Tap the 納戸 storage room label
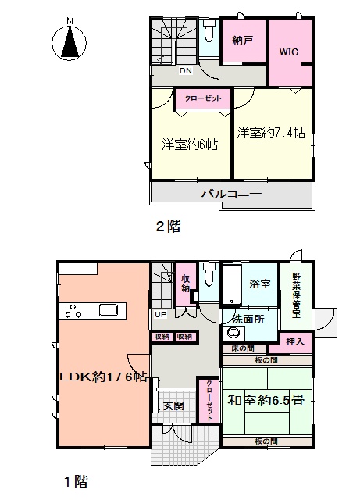(243, 40)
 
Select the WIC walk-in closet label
(289, 52)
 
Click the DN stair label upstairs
(186, 70)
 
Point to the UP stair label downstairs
(160, 314)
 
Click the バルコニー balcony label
(231, 194)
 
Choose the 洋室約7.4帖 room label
(271, 132)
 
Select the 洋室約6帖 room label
(190, 145)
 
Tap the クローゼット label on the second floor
(203, 98)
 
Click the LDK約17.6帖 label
(104, 377)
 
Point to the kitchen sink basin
(109, 311)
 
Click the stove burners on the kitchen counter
(73, 311)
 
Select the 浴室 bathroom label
(260, 284)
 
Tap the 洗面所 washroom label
(248, 319)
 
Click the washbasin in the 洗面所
(236, 332)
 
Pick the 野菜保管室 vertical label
(296, 295)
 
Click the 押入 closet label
(295, 341)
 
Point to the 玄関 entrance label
(173, 406)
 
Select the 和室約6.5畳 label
(266, 400)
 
